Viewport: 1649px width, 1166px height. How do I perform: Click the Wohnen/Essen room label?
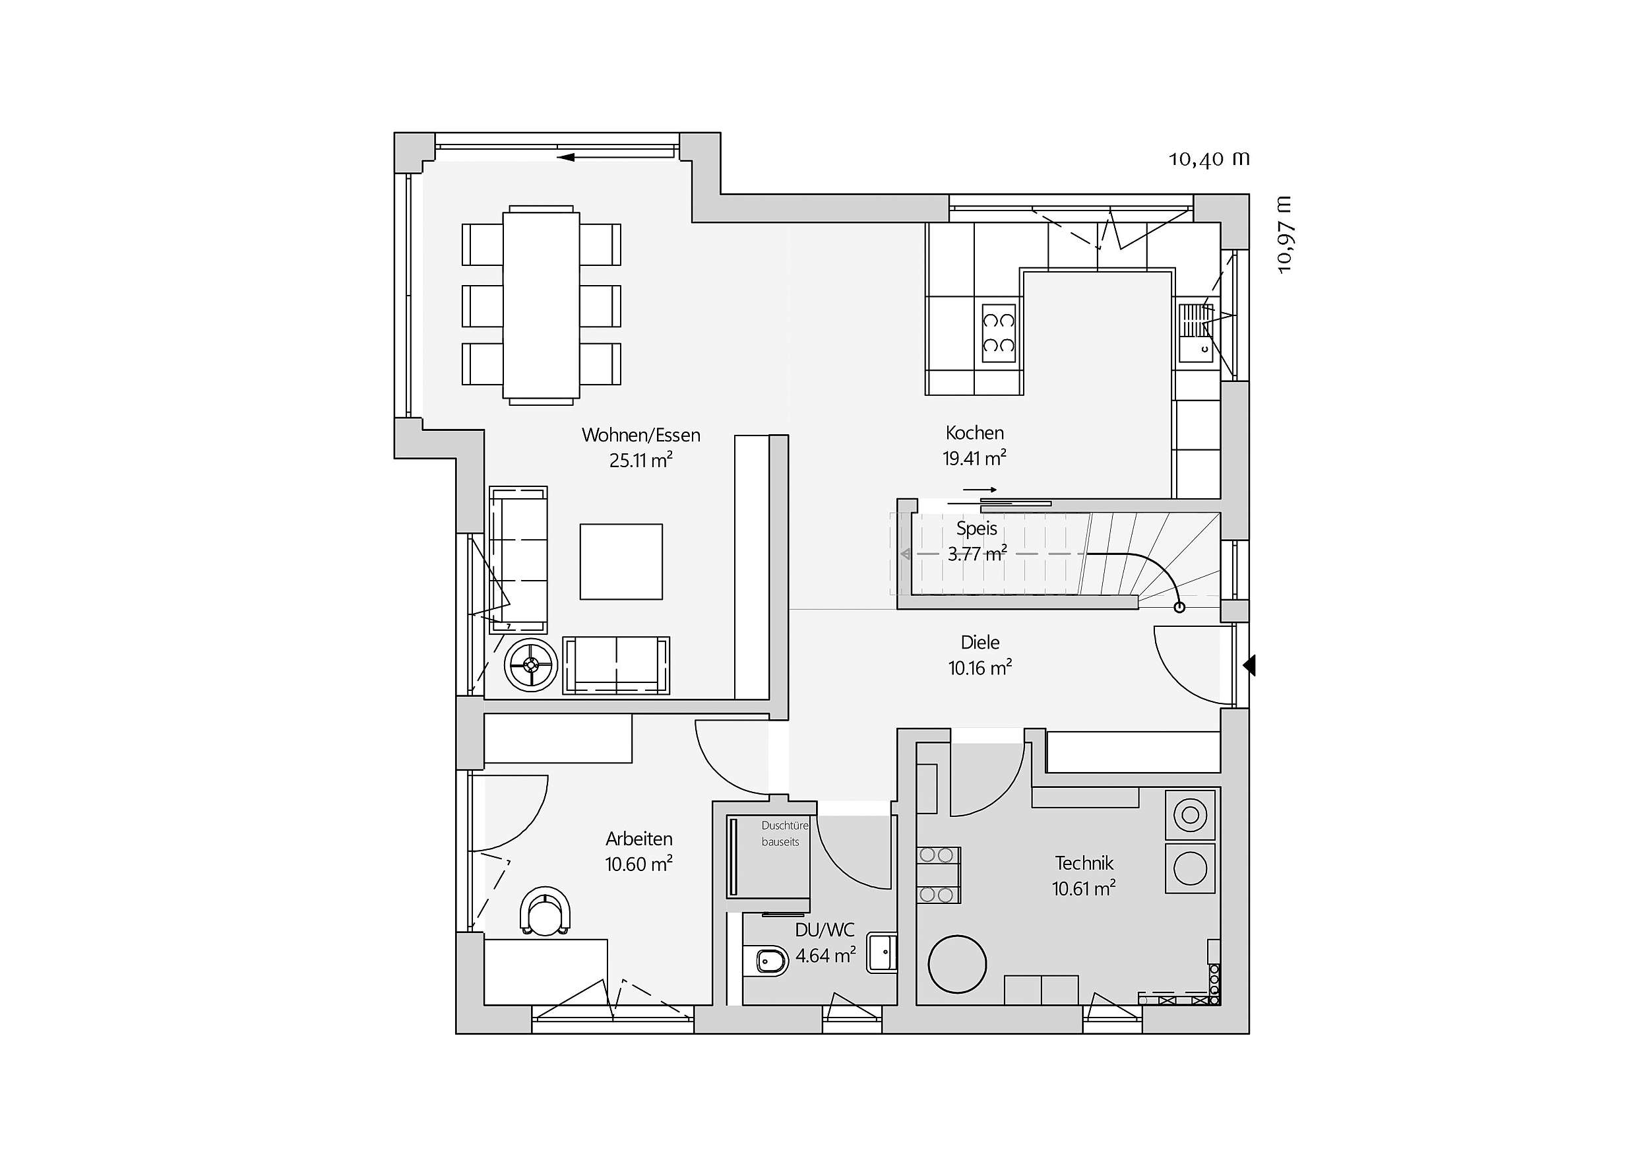click(640, 435)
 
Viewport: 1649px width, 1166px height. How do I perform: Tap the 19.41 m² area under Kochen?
click(974, 459)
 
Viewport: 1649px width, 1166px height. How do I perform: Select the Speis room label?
click(977, 529)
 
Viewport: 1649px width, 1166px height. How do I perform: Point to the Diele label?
click(980, 642)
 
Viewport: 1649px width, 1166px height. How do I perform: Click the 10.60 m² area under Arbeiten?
click(638, 864)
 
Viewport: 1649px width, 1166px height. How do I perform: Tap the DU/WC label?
click(824, 930)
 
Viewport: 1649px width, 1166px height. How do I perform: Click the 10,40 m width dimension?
click(1210, 159)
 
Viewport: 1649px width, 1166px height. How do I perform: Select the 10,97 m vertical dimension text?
click(1284, 234)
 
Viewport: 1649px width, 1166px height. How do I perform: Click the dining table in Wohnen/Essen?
click(542, 305)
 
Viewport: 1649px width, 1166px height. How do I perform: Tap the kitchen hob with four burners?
click(999, 333)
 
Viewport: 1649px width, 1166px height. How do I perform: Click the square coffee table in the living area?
click(621, 561)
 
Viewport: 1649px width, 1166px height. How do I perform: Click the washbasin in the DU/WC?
click(882, 953)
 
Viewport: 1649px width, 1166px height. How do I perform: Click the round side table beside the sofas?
click(531, 665)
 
